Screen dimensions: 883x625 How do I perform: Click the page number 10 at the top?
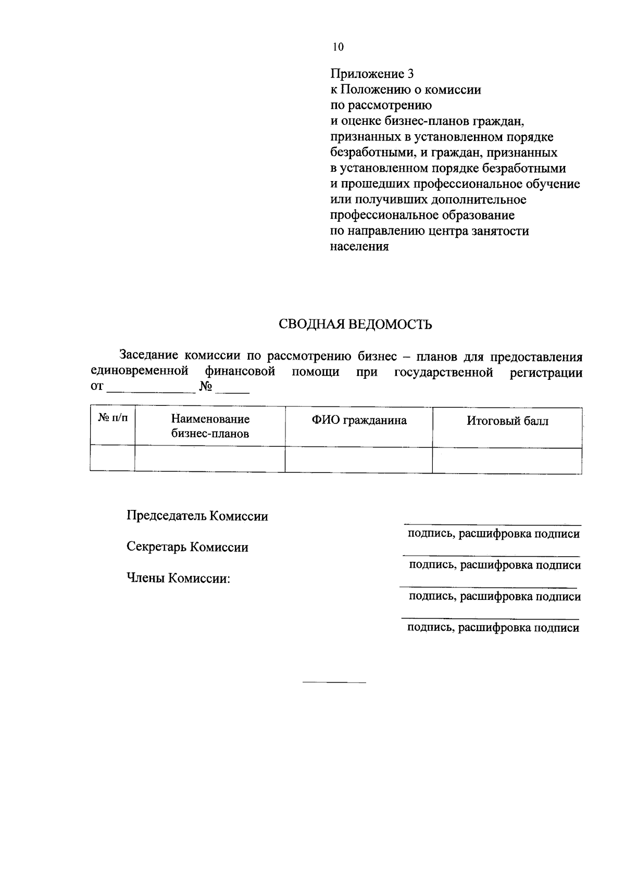338,47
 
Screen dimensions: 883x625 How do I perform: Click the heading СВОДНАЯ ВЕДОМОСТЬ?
356,325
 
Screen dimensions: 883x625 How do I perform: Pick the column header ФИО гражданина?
359,420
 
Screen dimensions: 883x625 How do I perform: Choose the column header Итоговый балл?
507,421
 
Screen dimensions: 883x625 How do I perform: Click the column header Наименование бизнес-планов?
210,426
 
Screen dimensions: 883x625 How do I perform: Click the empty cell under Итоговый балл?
507,460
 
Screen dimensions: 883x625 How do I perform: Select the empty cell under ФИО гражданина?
359,460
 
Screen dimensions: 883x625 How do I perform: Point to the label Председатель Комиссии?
197,516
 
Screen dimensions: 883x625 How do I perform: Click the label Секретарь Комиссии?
187,547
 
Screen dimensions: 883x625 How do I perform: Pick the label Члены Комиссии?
179,579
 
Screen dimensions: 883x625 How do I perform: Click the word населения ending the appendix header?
359,247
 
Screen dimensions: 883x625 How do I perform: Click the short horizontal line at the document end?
334,682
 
